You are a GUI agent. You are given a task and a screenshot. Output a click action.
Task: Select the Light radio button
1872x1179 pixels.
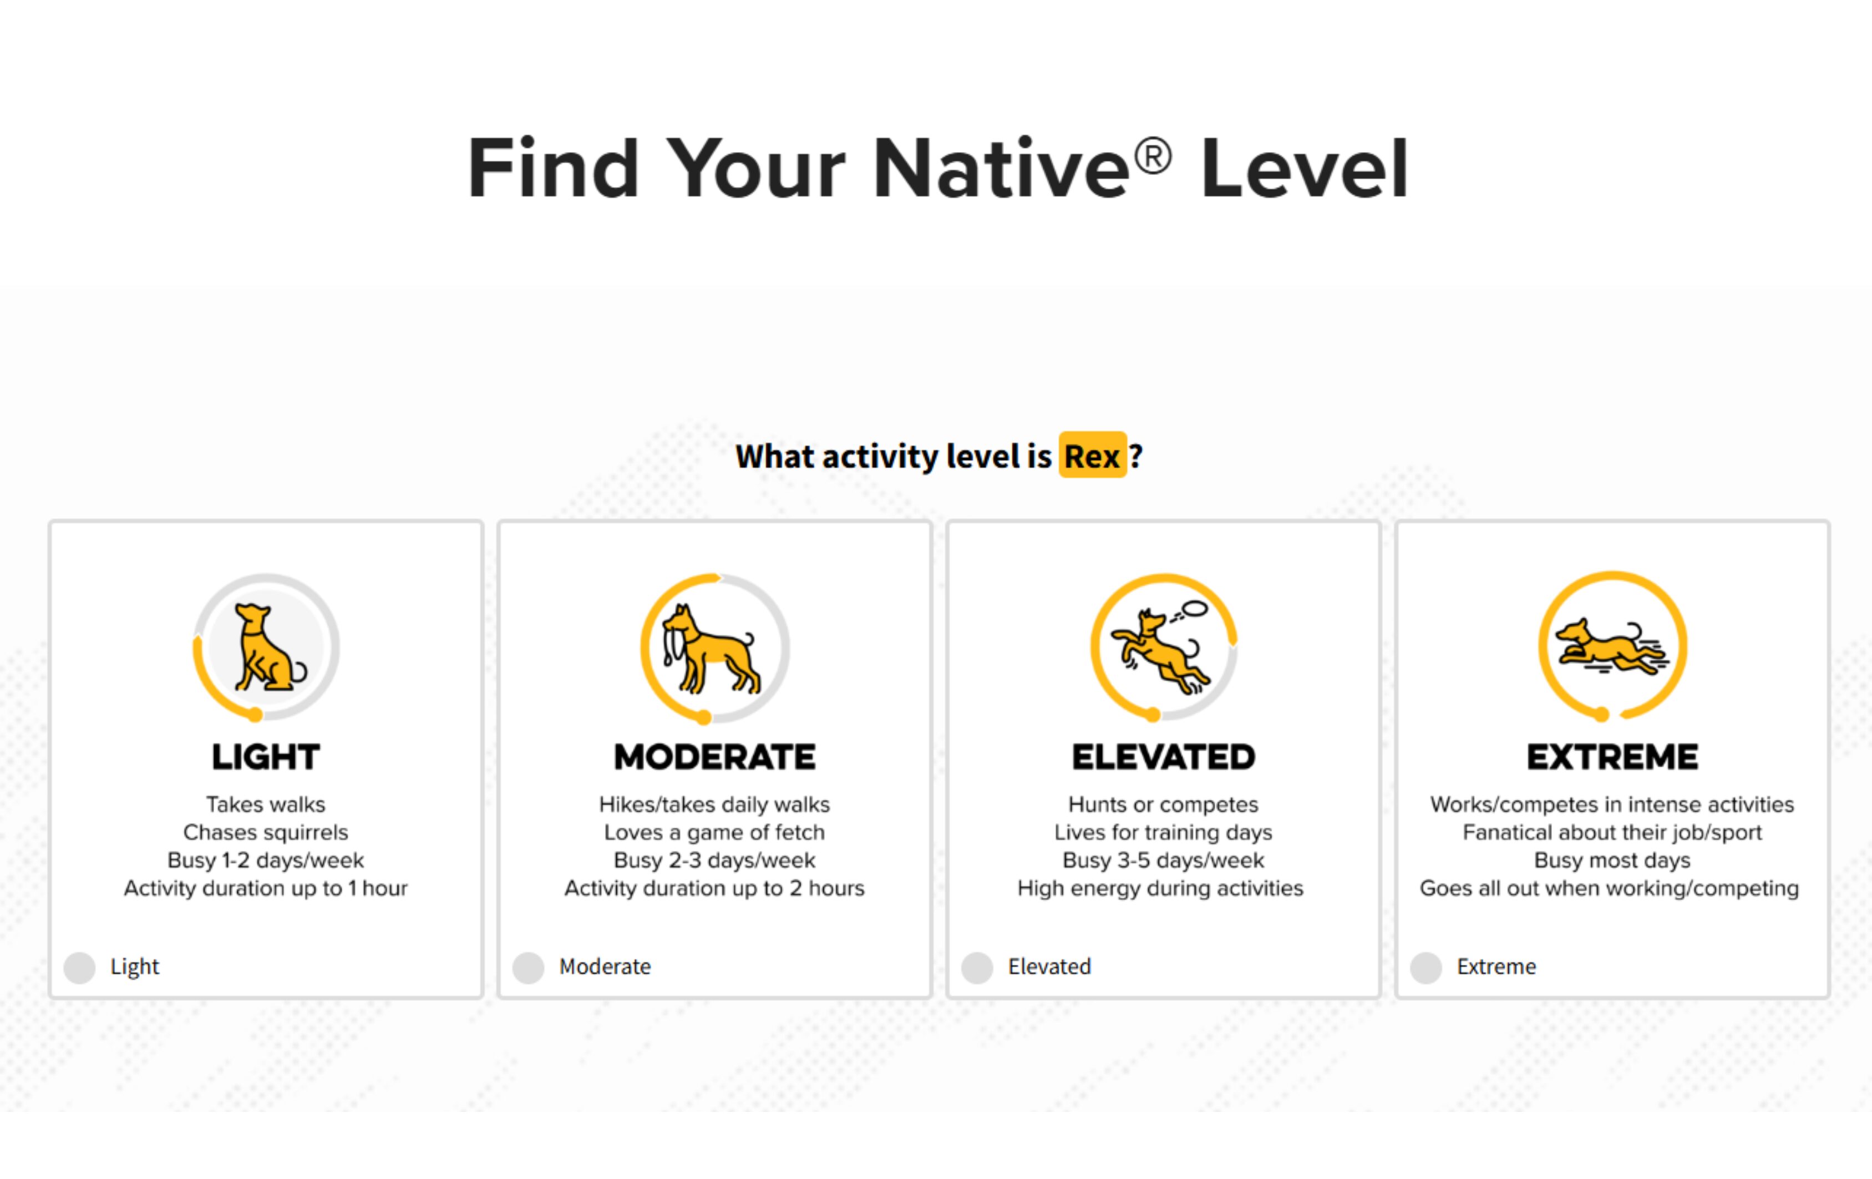(x=79, y=968)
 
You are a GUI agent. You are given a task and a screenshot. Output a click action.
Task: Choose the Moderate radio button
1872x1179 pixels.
(x=529, y=968)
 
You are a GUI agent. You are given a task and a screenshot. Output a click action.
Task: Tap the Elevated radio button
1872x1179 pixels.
(x=977, y=968)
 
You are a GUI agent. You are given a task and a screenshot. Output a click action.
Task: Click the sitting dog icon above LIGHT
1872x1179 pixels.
(x=269, y=648)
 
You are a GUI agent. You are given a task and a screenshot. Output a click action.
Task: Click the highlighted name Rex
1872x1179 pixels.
(x=1092, y=455)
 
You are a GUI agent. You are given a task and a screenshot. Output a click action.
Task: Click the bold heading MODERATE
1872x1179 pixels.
(x=714, y=757)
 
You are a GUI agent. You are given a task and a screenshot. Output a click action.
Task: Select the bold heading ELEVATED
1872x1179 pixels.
(x=1164, y=757)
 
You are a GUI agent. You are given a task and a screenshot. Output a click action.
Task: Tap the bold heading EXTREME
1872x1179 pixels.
(x=1612, y=757)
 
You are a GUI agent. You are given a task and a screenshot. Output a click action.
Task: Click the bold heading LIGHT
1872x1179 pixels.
(x=266, y=757)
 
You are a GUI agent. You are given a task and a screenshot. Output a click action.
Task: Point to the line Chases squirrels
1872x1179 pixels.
(x=266, y=832)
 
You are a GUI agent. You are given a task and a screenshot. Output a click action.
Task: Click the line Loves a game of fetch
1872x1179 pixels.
(x=714, y=832)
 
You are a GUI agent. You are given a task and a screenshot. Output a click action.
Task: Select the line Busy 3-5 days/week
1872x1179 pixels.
(x=1164, y=860)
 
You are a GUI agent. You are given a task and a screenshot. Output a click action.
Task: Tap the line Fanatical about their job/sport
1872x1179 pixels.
(x=1612, y=832)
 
